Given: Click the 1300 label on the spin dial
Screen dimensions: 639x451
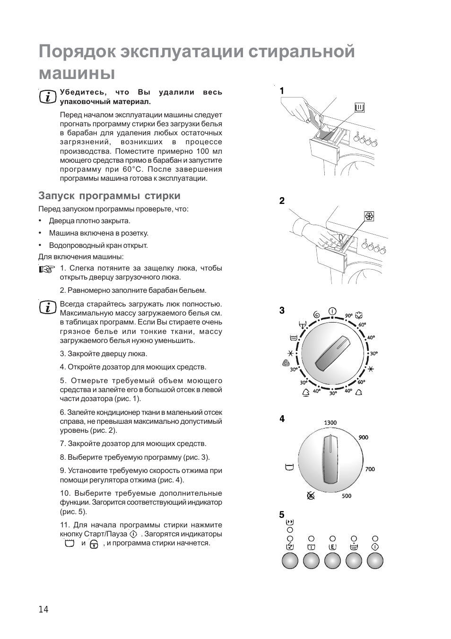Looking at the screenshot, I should (x=330, y=423).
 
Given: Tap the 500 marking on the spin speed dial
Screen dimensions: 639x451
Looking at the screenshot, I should (x=347, y=496).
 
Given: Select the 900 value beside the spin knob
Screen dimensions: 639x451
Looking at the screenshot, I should (x=363, y=438).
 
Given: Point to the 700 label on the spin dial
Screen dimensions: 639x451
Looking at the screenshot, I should (x=370, y=469).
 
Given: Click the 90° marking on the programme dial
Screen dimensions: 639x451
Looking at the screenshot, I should (x=349, y=315).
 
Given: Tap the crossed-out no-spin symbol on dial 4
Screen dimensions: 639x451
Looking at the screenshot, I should (x=311, y=496).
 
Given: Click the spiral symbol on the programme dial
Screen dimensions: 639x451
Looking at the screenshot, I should (x=316, y=315).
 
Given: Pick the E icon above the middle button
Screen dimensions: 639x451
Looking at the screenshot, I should (x=332, y=547).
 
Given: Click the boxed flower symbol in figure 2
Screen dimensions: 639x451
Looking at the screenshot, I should (x=369, y=217).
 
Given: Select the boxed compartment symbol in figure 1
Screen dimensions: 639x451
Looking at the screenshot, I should (x=360, y=108).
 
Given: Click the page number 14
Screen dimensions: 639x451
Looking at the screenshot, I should (x=43, y=609).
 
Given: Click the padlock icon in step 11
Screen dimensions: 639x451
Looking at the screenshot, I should (x=94, y=544).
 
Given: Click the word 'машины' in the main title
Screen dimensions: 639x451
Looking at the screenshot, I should (x=77, y=73).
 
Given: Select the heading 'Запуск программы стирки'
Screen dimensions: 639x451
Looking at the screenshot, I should (x=109, y=196).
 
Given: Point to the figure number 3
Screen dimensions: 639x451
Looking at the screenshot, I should (x=282, y=311).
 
